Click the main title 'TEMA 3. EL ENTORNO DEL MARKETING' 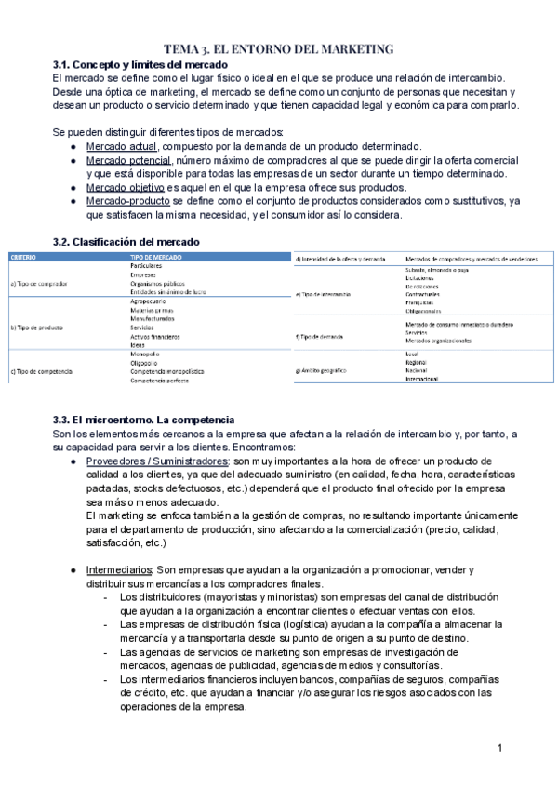279,48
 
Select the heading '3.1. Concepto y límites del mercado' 140,64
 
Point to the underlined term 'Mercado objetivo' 127,188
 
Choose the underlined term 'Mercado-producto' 128,201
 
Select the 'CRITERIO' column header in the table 24,256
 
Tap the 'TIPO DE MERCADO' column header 156,256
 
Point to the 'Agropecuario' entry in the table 150,301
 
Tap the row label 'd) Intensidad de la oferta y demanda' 340,258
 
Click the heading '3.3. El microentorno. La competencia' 144,420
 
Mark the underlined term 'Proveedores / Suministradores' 158,461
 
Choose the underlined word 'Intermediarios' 119,569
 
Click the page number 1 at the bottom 499,748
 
